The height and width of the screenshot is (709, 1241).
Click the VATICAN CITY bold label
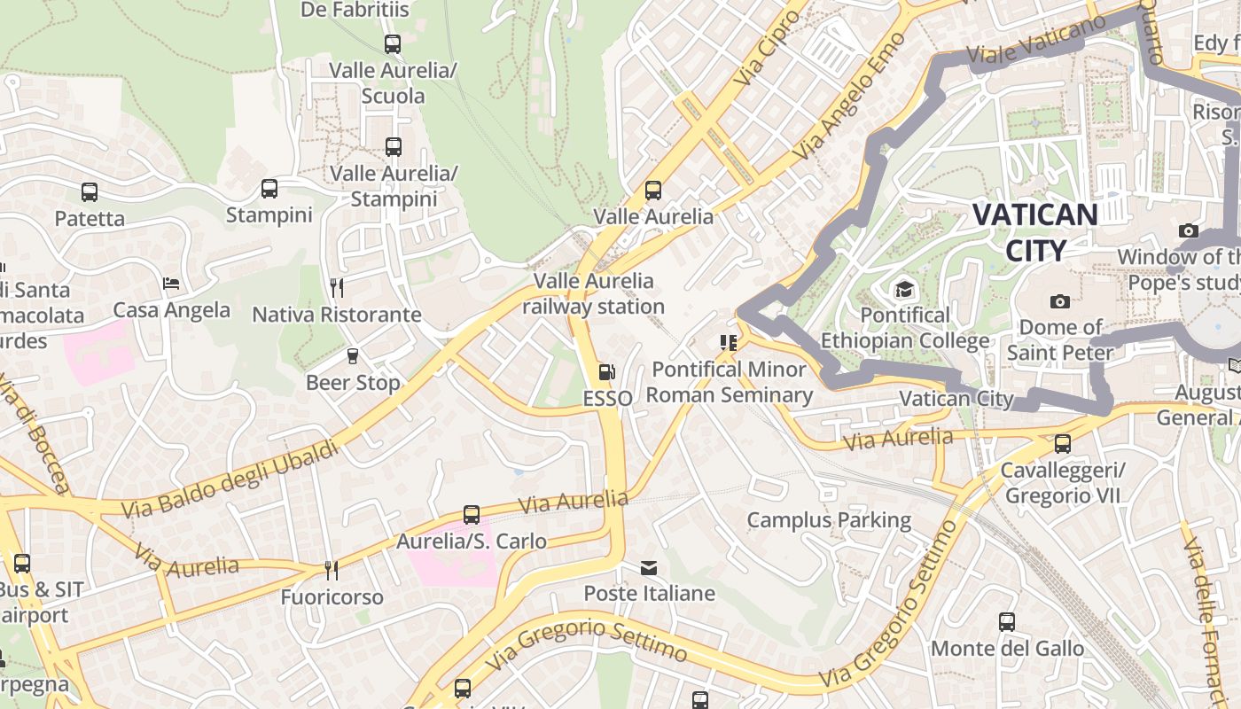[1034, 232]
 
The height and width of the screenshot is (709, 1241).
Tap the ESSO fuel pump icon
[607, 373]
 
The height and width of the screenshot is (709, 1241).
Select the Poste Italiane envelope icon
[649, 567]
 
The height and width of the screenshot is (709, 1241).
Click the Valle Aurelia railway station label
[593, 294]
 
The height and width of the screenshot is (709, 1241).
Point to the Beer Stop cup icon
[353, 356]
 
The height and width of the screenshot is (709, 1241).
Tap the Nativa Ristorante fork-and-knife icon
[337, 288]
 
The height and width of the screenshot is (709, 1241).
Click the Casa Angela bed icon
[171, 284]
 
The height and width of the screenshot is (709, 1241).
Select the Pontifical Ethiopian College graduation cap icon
[904, 289]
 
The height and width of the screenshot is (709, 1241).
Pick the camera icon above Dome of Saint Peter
[1059, 301]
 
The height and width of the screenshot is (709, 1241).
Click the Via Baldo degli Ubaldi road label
[230, 479]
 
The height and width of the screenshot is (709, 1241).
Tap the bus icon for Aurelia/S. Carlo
[472, 515]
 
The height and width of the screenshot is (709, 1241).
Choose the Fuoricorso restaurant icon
[332, 570]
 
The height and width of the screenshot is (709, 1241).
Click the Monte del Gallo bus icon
[1007, 622]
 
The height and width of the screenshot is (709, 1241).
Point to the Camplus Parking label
[829, 520]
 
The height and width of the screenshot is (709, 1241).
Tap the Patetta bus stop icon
[90, 192]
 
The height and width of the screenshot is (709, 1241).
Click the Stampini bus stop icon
[269, 189]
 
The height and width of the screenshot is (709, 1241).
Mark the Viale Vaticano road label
[1037, 42]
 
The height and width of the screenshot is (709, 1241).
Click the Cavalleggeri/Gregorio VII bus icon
[1062, 443]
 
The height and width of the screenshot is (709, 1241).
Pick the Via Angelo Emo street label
[849, 97]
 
